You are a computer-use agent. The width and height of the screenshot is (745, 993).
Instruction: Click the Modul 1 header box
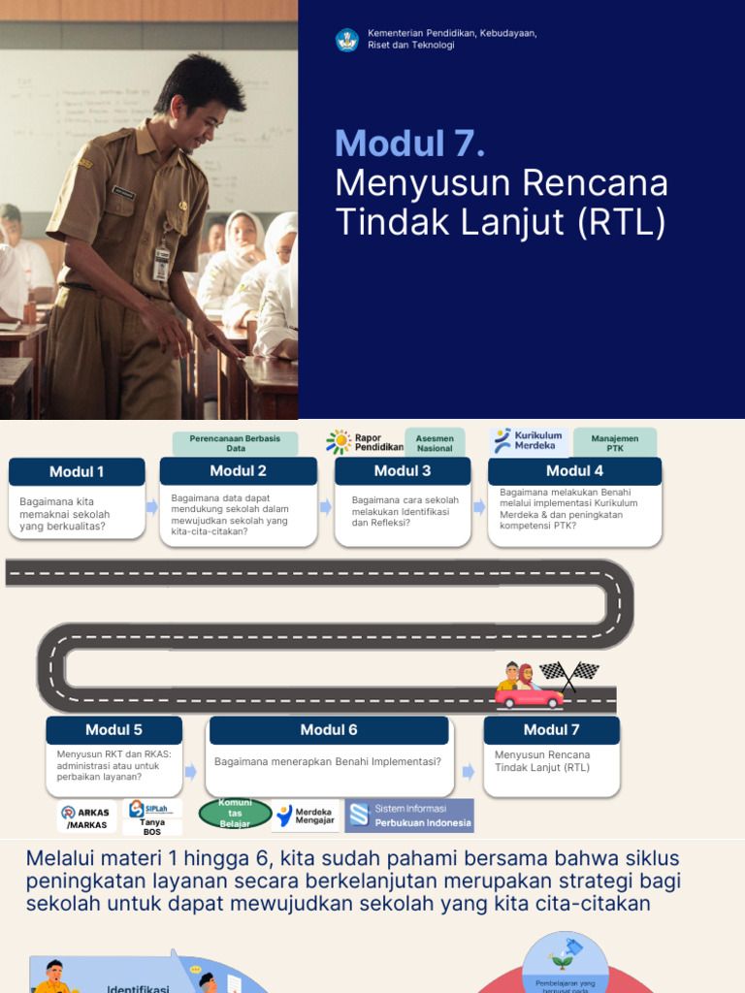[x=77, y=472]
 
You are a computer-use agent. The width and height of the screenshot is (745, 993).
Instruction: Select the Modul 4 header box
[x=574, y=471]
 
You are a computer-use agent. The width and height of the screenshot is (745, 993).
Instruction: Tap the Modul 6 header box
[x=329, y=730]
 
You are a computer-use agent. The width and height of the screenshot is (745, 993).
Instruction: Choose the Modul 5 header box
[x=113, y=730]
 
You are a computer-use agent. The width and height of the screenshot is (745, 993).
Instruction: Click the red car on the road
[x=529, y=696]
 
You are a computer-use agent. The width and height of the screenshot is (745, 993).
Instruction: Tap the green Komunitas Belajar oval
[x=235, y=814]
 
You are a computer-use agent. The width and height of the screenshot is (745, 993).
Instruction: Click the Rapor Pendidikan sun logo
[x=339, y=442]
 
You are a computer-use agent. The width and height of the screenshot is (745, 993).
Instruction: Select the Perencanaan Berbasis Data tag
[x=235, y=443]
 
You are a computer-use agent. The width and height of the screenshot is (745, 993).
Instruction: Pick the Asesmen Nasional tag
[x=435, y=443]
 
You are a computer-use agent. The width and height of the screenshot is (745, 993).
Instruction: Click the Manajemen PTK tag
[x=614, y=443]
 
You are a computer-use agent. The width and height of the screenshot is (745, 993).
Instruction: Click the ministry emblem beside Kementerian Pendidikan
[x=347, y=40]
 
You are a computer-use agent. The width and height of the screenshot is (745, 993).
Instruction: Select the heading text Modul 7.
[x=409, y=144]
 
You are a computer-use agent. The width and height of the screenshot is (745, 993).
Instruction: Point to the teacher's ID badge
[x=162, y=263]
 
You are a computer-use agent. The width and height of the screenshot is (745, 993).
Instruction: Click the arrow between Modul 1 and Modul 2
[x=152, y=506]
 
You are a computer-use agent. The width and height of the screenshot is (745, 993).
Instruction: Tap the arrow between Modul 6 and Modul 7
[x=469, y=771]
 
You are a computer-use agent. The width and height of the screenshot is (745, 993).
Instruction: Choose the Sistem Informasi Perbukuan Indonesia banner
[x=409, y=816]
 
